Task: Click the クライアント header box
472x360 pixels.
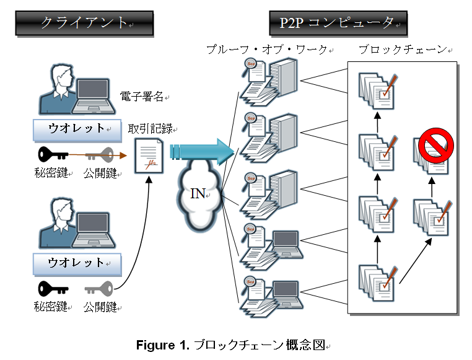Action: [84, 23]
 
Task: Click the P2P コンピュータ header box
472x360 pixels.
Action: [338, 23]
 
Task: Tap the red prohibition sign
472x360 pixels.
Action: [436, 146]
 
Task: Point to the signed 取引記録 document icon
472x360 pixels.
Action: [149, 156]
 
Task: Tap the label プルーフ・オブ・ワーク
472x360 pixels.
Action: [269, 50]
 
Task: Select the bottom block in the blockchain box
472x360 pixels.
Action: [377, 281]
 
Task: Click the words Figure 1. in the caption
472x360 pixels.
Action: [163, 346]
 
